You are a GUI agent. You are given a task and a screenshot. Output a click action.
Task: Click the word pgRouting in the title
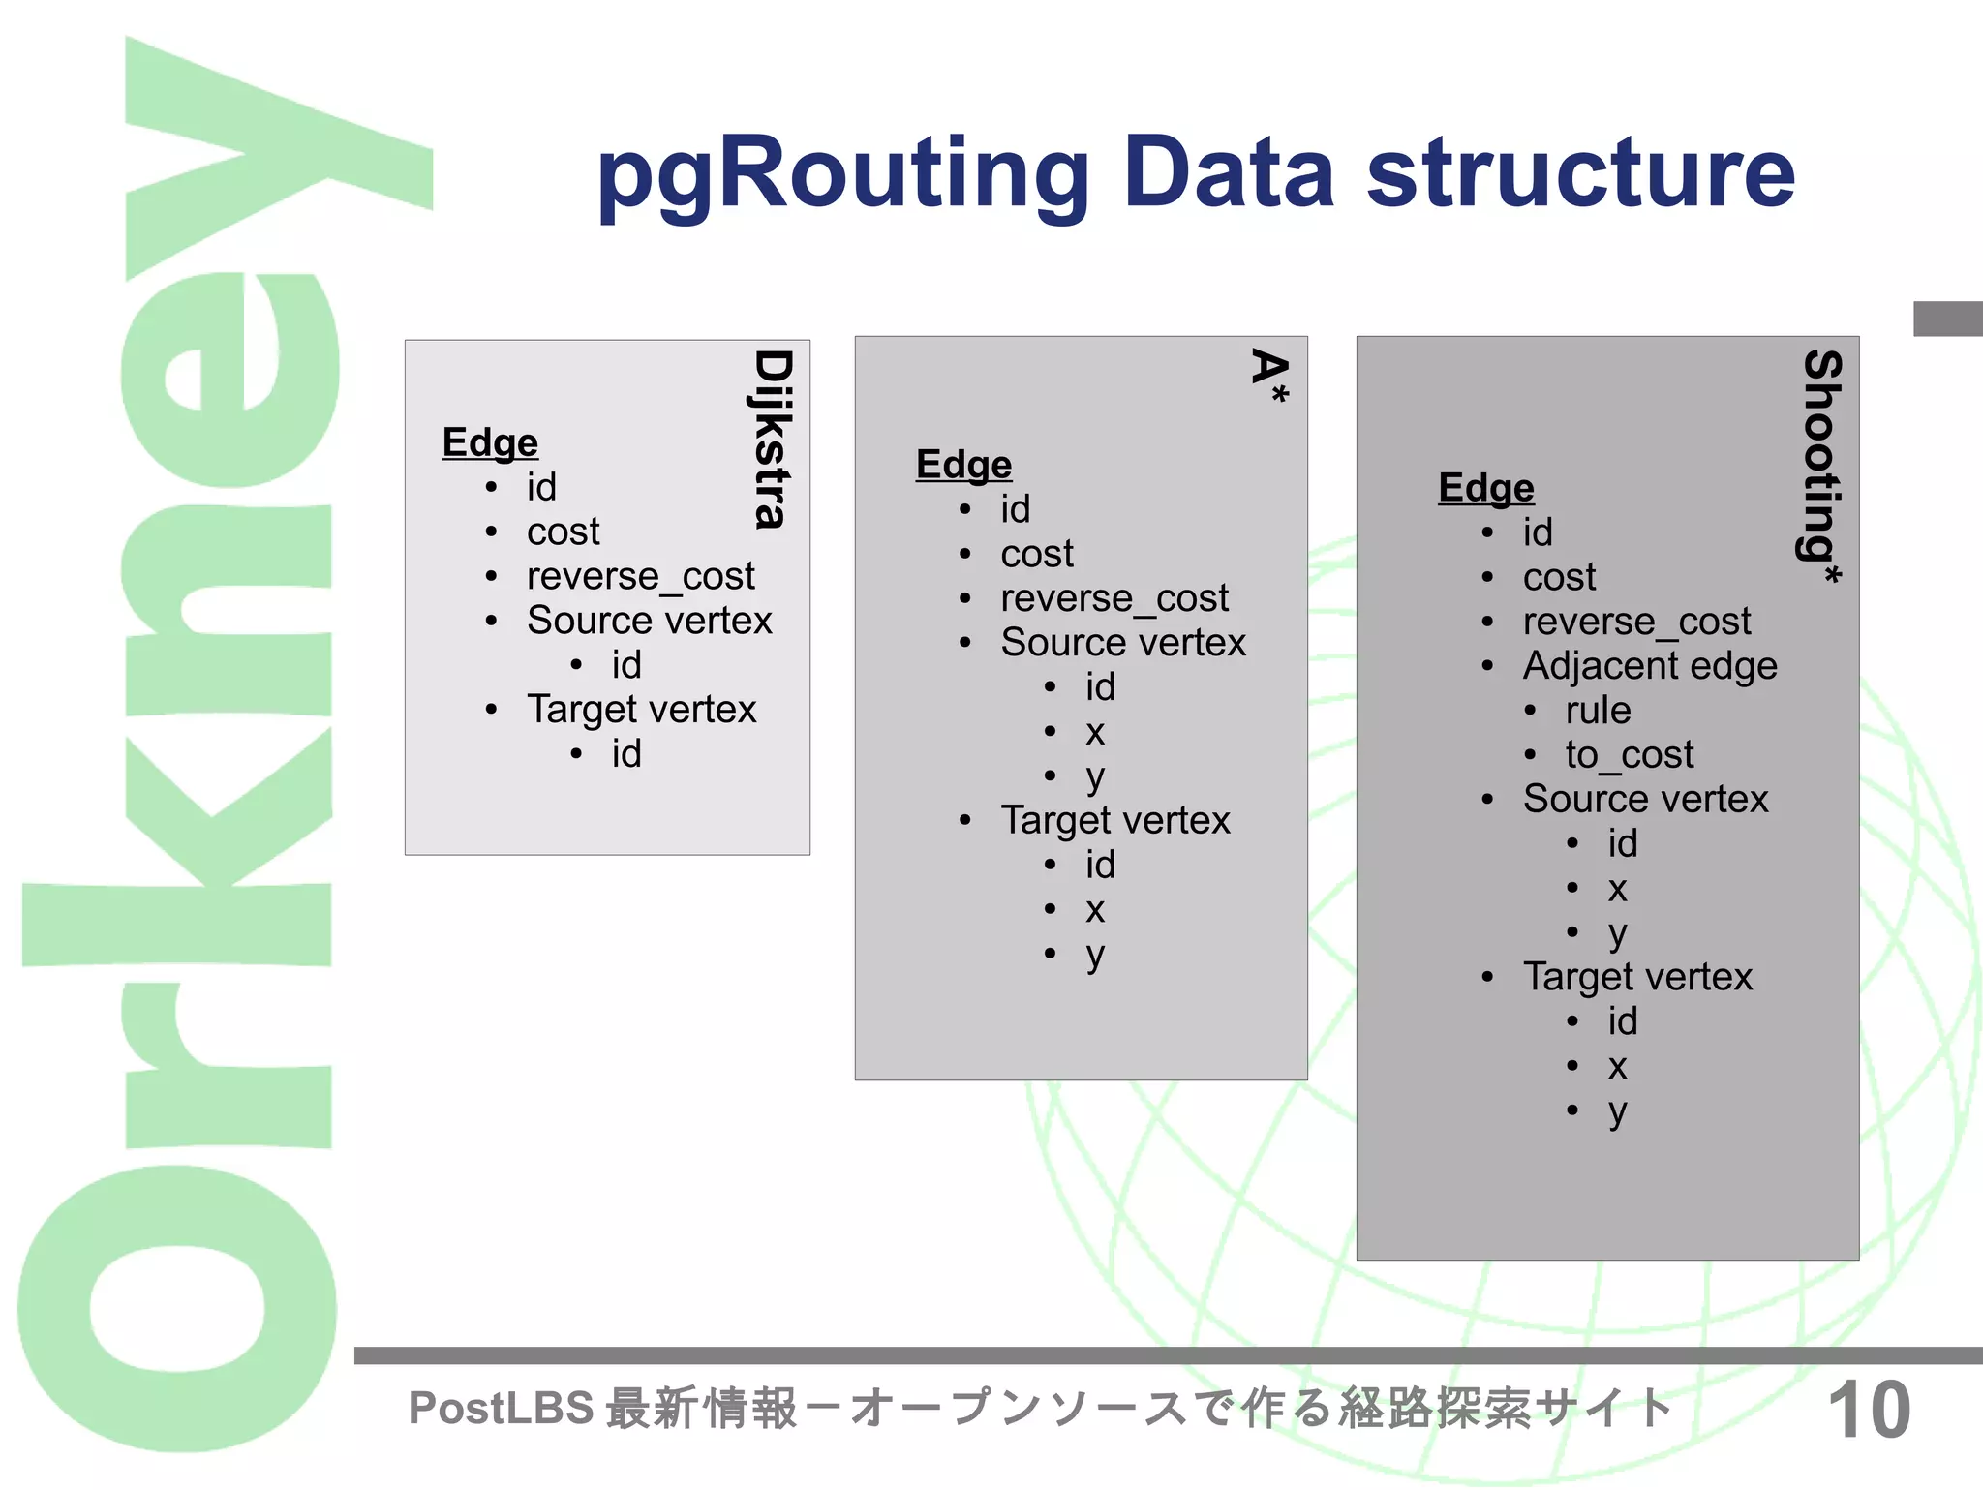[842, 174]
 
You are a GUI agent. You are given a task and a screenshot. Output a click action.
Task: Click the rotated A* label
[1269, 376]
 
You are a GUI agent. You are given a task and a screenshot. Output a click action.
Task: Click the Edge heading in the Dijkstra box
[490, 443]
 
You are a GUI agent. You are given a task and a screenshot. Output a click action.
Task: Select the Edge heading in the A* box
[963, 466]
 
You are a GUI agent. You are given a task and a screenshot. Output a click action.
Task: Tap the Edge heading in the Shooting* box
[1486, 489]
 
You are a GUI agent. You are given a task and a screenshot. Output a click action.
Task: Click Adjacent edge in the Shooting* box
[1649, 666]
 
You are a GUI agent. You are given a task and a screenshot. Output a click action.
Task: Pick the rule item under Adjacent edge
[1598, 711]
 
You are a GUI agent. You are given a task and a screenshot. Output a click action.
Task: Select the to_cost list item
[1629, 755]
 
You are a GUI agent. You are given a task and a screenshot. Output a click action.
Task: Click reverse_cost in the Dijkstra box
[640, 577]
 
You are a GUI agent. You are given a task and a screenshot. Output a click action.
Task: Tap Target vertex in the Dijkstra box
[641, 710]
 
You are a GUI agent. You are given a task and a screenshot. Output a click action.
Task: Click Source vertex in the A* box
[1123, 643]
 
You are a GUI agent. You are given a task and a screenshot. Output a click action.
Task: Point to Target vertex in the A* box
[1114, 821]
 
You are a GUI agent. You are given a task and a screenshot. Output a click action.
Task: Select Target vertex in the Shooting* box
[1637, 978]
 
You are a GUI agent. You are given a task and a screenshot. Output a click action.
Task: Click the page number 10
[1869, 1411]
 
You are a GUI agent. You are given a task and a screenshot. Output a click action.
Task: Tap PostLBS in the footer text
[501, 1409]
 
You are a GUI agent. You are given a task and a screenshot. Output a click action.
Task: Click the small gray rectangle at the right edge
[1947, 319]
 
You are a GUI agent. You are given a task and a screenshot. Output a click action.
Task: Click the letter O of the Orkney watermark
[177, 1310]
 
